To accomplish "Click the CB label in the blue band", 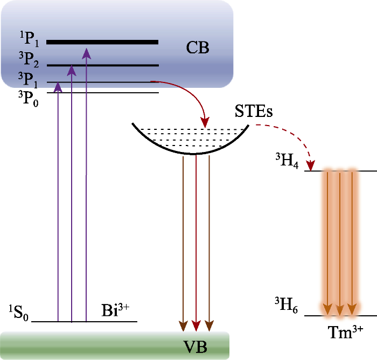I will pos(198,49).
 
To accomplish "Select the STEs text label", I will pos(254,113).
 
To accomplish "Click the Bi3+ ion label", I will pos(116,311).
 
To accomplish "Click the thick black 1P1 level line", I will pos(102,41).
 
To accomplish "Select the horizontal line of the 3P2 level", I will pos(102,66).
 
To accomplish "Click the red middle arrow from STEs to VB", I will pos(196,243).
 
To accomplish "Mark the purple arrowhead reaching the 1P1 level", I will pos(86,52).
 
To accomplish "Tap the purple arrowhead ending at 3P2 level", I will pos(72,71).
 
